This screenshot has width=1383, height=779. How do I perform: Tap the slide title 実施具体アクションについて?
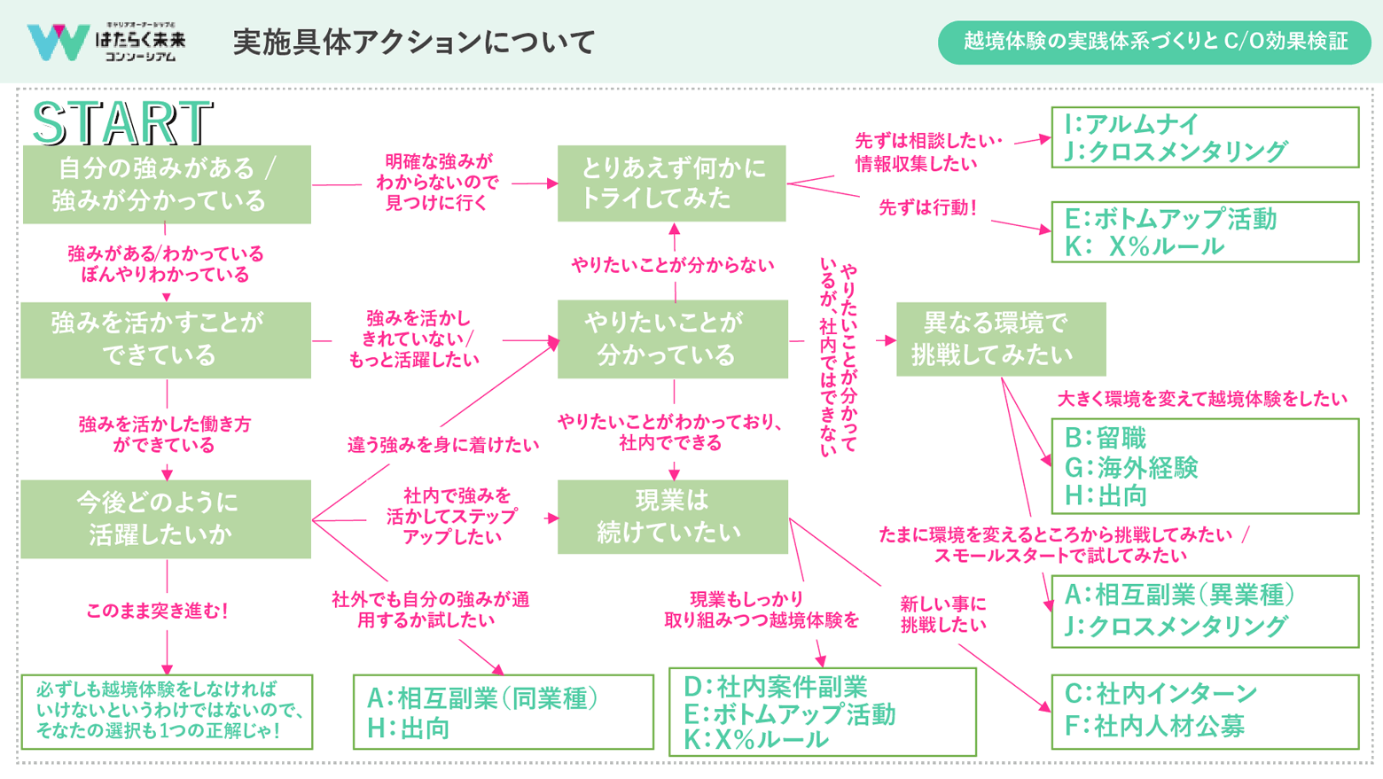pos(413,42)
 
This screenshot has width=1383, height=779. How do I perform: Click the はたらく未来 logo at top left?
pos(106,42)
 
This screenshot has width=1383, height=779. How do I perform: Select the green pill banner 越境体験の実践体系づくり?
pos(1154,42)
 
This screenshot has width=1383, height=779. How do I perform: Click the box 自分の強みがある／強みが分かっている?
pos(167,184)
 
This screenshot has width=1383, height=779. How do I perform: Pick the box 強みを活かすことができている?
pos(167,339)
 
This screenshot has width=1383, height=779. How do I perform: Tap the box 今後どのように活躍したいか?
pos(167,518)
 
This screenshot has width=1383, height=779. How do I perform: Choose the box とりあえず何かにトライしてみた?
pos(671,183)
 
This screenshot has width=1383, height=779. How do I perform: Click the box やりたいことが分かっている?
pos(672,339)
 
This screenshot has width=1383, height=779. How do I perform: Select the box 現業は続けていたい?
pos(672,517)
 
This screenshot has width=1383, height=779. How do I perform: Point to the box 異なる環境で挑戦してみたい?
pos(1000,339)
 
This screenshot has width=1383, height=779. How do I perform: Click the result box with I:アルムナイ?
pos(1204,137)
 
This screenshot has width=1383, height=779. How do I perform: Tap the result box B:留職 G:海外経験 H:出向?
pos(1204,466)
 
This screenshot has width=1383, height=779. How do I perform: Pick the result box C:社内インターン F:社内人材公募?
pos(1204,711)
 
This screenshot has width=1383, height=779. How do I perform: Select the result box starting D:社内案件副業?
pos(822,712)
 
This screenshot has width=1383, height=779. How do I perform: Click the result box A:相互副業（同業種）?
pos(503,712)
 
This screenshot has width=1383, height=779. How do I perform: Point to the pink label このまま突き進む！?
pos(158,611)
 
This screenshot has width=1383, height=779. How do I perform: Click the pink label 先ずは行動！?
pos(927,207)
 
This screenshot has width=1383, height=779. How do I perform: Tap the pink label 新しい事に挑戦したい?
pos(942,614)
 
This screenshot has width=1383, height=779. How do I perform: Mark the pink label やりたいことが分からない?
pos(672,264)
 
